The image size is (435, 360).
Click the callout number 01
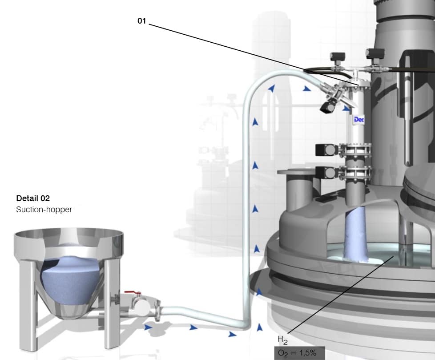[x=141, y=21]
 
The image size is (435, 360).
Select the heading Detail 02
[x=33, y=198]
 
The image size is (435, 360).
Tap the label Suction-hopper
[x=44, y=209]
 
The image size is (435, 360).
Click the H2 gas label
[x=282, y=340]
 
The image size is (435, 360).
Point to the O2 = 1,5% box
[x=299, y=353]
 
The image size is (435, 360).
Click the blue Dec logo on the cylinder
[x=359, y=120]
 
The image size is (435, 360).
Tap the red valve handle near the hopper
[x=133, y=292]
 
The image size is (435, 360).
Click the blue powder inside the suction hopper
[x=71, y=280]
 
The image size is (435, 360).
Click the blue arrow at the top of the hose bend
[x=272, y=89]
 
